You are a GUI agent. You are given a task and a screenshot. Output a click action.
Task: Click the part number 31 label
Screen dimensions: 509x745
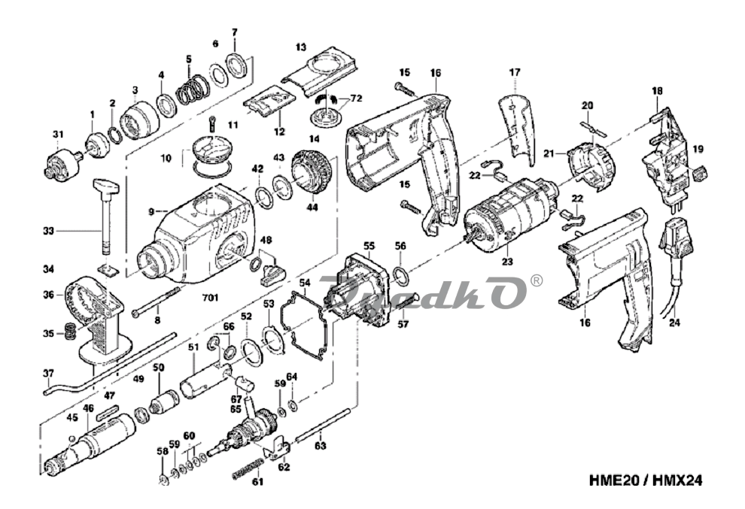point(58,135)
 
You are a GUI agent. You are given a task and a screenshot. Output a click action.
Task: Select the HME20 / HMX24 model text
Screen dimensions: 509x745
point(651,479)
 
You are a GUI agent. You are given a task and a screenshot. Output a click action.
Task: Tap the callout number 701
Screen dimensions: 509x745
point(210,298)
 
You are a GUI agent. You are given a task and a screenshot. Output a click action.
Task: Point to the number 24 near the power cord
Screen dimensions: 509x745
point(674,326)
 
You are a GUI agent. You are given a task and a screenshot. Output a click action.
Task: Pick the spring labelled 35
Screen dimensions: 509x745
point(67,330)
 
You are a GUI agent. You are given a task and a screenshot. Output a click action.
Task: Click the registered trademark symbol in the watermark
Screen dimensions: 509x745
point(537,280)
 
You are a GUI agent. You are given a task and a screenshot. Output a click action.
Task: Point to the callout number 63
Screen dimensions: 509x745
point(321,446)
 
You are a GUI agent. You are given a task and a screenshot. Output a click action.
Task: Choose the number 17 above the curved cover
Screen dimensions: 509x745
point(515,72)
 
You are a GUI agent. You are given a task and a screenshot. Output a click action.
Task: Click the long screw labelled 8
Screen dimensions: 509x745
point(158,304)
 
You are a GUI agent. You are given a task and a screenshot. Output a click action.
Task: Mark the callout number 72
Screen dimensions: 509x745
point(357,99)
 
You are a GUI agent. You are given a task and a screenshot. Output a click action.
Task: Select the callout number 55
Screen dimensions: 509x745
point(368,245)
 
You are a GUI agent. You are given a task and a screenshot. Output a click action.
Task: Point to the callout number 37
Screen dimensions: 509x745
point(48,373)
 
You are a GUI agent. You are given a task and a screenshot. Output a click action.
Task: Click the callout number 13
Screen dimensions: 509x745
point(301,47)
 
